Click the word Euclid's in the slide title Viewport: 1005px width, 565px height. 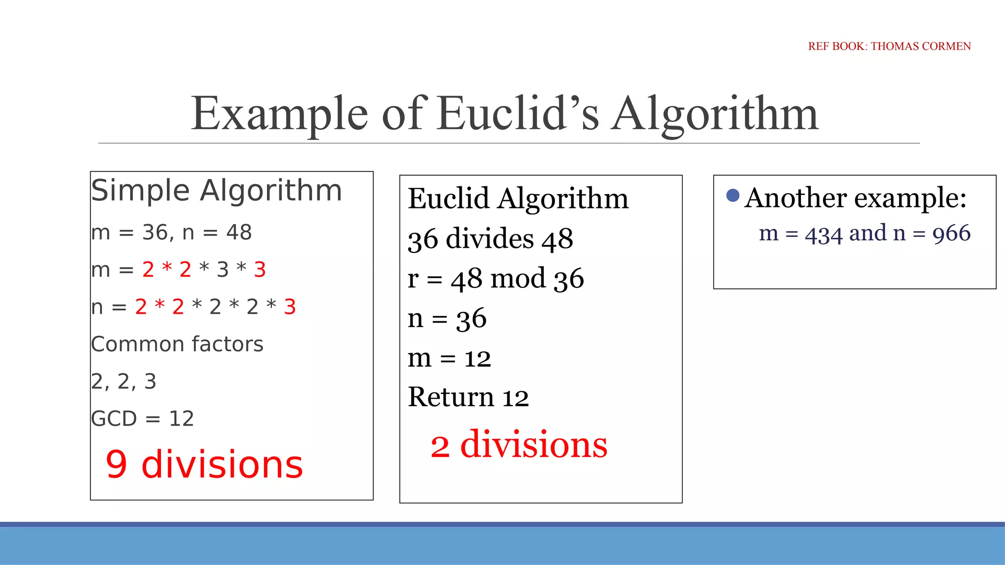click(518, 114)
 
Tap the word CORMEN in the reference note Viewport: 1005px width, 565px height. click(946, 46)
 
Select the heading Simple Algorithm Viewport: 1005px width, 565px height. click(216, 190)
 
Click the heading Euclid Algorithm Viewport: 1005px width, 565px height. click(518, 199)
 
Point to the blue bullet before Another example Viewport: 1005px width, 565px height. click(733, 196)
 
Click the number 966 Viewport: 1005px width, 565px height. click(951, 233)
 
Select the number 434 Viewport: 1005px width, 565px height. click(824, 234)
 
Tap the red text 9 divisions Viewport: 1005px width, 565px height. click(204, 464)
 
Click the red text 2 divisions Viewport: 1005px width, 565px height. click(519, 445)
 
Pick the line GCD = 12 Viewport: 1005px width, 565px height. click(142, 419)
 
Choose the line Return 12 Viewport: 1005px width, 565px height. click(468, 397)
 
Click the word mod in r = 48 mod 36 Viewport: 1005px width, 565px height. click(518, 279)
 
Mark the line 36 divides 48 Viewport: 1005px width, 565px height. click(490, 239)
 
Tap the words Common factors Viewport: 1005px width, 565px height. click(177, 344)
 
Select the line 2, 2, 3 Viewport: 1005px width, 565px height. click(124, 382)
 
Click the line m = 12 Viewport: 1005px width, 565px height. click(449, 358)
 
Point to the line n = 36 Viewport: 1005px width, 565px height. click(447, 319)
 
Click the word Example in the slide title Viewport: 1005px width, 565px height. click(279, 114)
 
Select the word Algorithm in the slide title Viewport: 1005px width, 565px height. click(714, 114)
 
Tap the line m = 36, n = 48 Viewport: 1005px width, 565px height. click(171, 232)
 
